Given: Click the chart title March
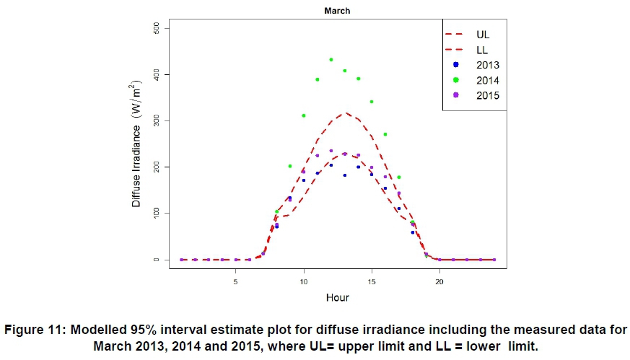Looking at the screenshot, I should pyautogui.click(x=337, y=11).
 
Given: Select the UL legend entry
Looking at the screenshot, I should pyautogui.click(x=483, y=33).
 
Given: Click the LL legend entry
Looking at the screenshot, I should pyautogui.click(x=483, y=49).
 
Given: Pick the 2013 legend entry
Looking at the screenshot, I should pyautogui.click(x=487, y=65).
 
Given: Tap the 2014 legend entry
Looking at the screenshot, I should pyautogui.click(x=487, y=80).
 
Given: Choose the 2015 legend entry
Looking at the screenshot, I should pyautogui.click(x=487, y=95).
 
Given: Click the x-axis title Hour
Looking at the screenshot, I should pyautogui.click(x=337, y=297).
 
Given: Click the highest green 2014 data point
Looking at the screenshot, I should pyautogui.click(x=331, y=60).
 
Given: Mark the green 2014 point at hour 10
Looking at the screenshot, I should pyautogui.click(x=304, y=115).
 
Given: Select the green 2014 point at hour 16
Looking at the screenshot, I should pyautogui.click(x=385, y=134).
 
